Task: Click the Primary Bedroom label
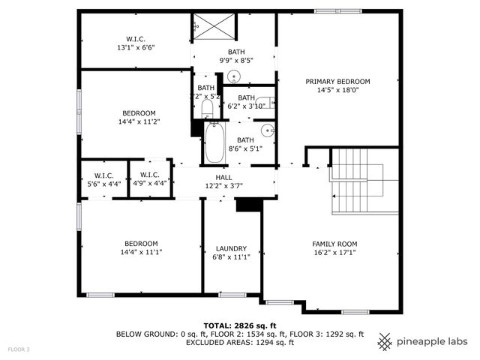(x=337, y=81)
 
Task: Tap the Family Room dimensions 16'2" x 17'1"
(x=334, y=253)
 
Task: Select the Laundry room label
(x=231, y=248)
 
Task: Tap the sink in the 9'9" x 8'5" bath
(x=233, y=76)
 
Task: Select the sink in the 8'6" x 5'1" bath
(x=268, y=132)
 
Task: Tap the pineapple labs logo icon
(x=385, y=341)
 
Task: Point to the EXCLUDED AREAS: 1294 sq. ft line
(x=239, y=342)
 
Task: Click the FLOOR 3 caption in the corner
(x=19, y=349)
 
